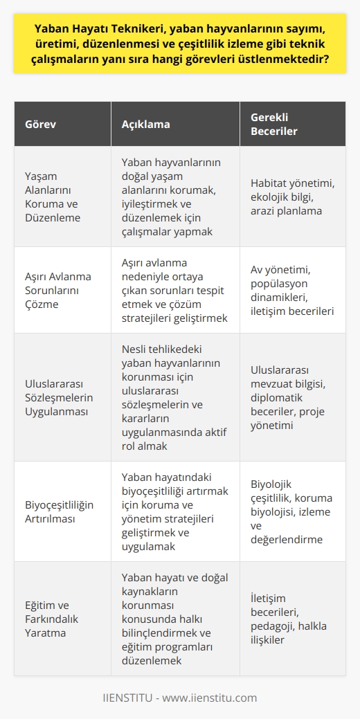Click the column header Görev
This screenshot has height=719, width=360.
coord(41,125)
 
